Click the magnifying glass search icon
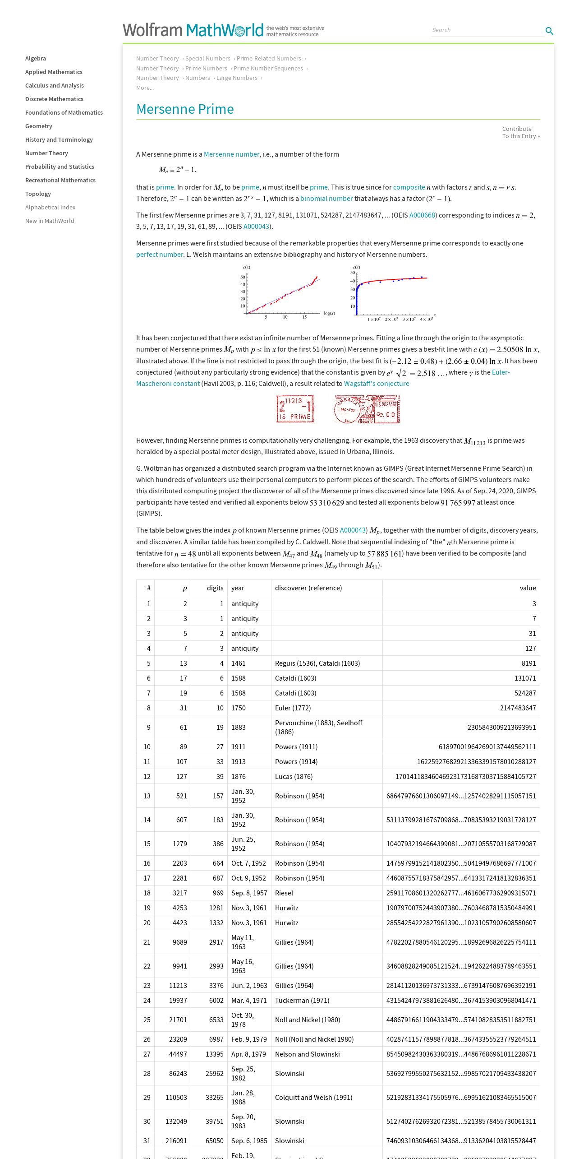click(x=549, y=31)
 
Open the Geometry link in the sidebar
click(x=39, y=126)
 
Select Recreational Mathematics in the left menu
click(x=60, y=180)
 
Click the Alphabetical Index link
click(x=50, y=207)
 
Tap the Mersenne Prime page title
click(x=185, y=109)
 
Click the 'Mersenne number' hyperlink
click(x=231, y=154)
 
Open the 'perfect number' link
click(x=160, y=255)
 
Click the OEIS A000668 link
click(x=422, y=215)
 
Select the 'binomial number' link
click(x=326, y=199)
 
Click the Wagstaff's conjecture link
click(x=377, y=384)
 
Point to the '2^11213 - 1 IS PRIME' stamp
click(x=295, y=409)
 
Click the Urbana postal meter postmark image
click(x=367, y=409)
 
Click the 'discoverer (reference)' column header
click(x=308, y=588)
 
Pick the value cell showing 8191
click(x=528, y=663)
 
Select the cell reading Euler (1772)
click(x=293, y=708)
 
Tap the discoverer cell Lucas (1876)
click(x=294, y=777)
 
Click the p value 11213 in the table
click(x=178, y=986)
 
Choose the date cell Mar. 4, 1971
click(x=249, y=1001)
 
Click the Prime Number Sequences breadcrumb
click(x=268, y=69)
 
